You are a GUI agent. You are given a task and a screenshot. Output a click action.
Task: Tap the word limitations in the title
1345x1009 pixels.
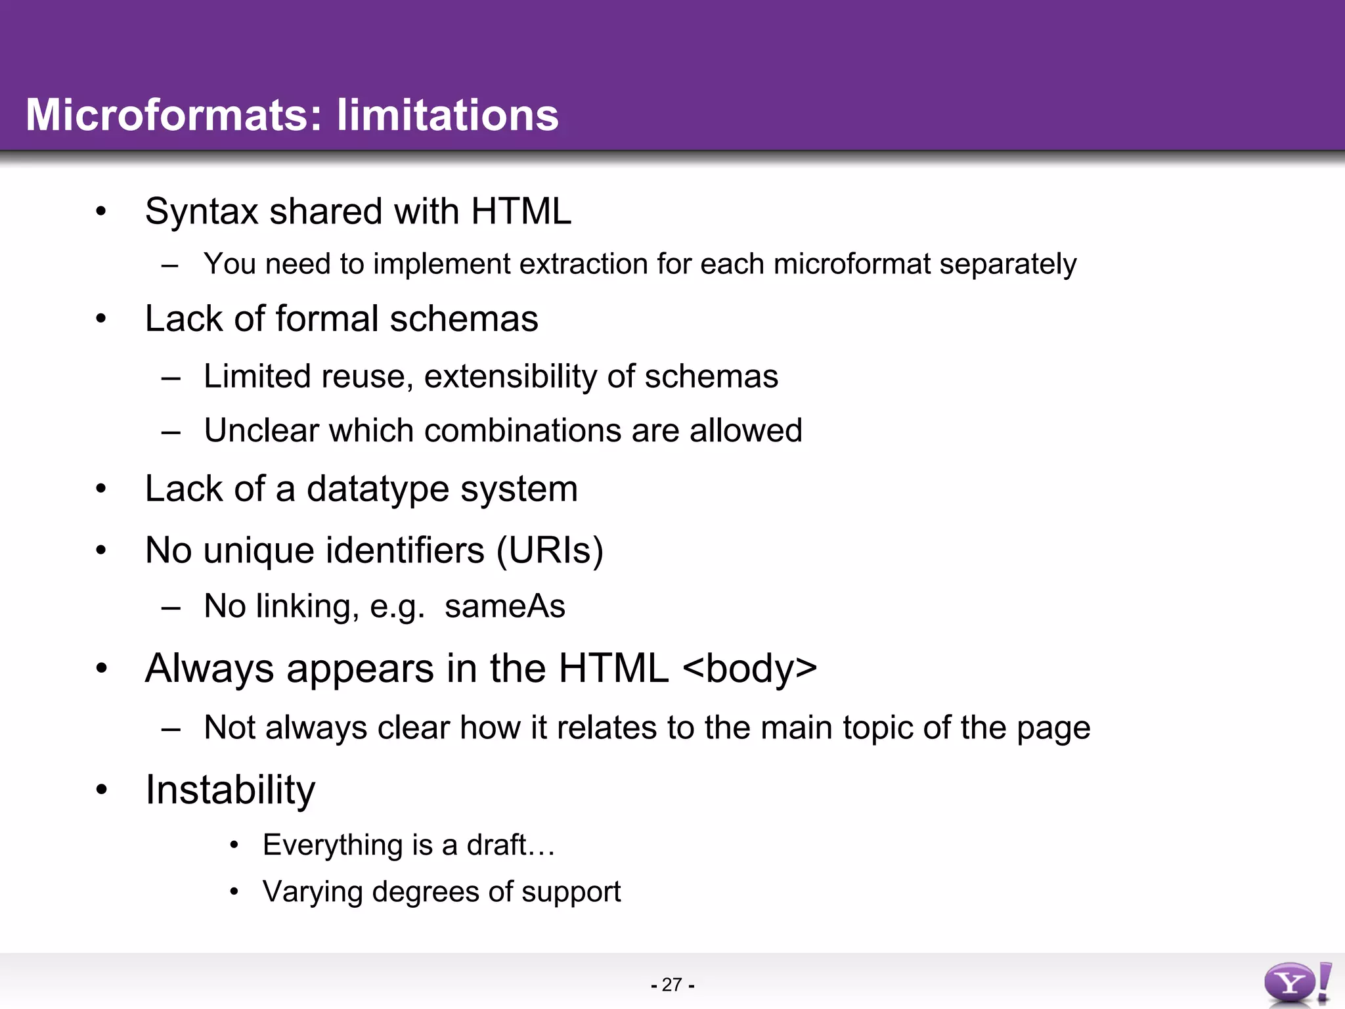tap(447, 115)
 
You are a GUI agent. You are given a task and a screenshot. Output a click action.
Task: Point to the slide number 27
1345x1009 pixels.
tap(672, 985)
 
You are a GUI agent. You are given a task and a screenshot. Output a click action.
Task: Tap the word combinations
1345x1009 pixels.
tap(518, 431)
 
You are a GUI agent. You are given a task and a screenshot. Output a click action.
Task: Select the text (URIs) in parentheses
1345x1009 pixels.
tap(549, 550)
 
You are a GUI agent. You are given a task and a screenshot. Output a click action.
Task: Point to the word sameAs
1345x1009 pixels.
tap(504, 606)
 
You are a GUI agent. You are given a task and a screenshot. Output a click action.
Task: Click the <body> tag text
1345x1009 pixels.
tap(750, 669)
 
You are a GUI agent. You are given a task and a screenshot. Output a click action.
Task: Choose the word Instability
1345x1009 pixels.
tap(230, 790)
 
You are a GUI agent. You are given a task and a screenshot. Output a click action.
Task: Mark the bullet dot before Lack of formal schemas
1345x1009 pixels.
tap(100, 319)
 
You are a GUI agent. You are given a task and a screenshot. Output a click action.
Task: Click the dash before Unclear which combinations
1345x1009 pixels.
tap(170, 432)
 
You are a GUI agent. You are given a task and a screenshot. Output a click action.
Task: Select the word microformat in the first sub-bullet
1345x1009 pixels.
tap(852, 265)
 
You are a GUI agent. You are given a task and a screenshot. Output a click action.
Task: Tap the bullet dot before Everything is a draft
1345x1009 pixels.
tap(234, 845)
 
